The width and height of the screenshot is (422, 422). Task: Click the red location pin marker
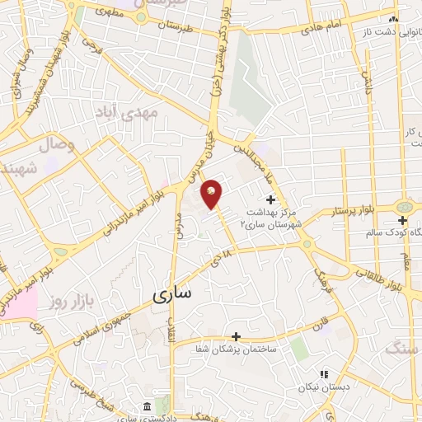click(x=212, y=194)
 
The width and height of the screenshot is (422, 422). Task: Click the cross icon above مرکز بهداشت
click(x=271, y=199)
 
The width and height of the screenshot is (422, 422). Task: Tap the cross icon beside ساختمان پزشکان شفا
click(x=237, y=336)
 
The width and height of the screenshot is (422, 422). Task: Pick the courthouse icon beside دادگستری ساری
click(x=147, y=407)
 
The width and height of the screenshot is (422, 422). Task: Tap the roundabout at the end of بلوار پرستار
click(x=403, y=208)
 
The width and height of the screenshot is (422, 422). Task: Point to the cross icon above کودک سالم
click(x=402, y=221)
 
